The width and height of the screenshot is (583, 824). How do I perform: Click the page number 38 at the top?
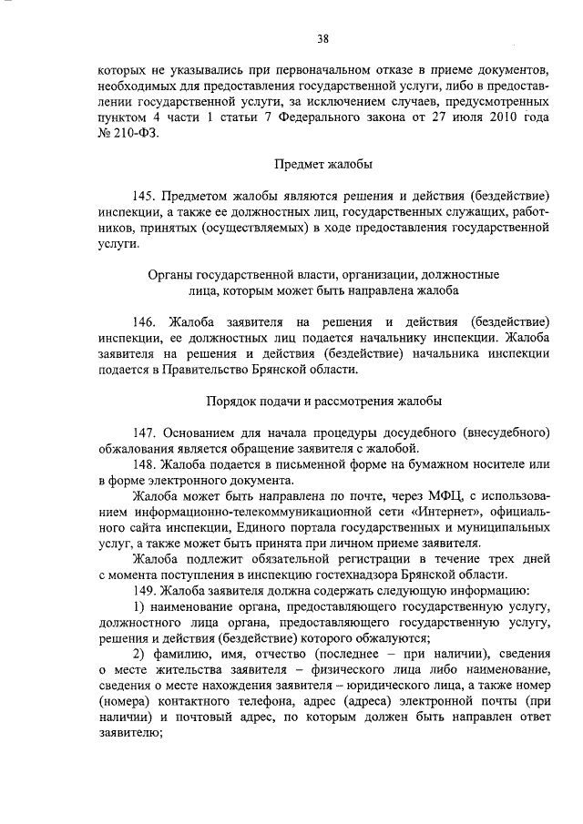[323, 38]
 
